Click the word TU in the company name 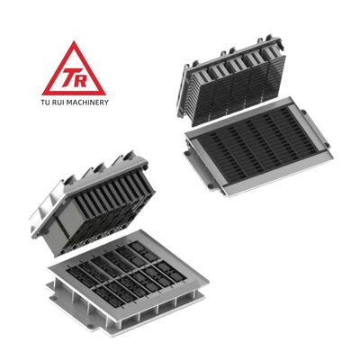click(x=45, y=103)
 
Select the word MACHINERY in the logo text click(x=87, y=103)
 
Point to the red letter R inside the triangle click(x=80, y=80)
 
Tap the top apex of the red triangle click(x=74, y=41)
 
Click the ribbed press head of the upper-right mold click(x=231, y=80)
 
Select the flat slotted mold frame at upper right click(x=258, y=147)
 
